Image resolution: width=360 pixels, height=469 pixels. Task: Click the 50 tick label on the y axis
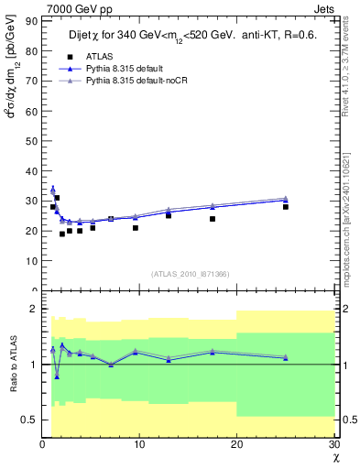coord(30,140)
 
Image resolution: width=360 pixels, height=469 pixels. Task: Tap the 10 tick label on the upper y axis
coord(30,261)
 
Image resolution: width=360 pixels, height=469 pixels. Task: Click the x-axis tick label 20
coord(236,444)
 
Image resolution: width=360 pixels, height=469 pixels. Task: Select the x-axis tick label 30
coord(334,444)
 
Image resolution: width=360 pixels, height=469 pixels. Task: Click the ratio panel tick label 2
coord(33,310)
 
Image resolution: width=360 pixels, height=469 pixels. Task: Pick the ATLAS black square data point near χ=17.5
coord(213,219)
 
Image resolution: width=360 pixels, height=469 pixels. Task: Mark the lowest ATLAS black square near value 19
coord(62,234)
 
